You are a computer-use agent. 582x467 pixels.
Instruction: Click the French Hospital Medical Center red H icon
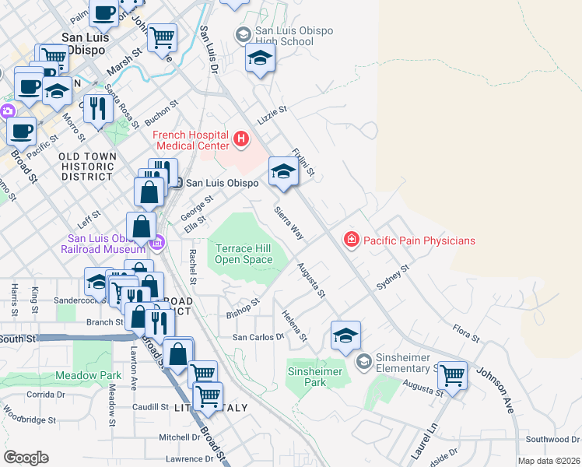[x=241, y=140]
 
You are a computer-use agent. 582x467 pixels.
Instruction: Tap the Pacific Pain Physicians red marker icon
[x=352, y=240]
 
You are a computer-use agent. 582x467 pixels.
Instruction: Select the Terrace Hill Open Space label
[x=244, y=254]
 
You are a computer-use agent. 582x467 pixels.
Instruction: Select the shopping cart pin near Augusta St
[x=451, y=375]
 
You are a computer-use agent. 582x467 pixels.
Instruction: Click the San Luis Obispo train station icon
[x=177, y=183]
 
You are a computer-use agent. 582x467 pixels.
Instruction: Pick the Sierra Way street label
[x=288, y=222]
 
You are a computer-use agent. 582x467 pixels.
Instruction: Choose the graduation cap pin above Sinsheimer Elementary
[x=345, y=335]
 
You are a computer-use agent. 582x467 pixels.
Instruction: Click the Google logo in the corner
[x=26, y=458]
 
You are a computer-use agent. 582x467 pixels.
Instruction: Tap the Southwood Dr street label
[x=552, y=440]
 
